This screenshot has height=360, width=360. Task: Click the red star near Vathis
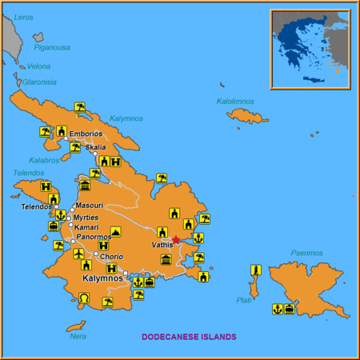[176, 239]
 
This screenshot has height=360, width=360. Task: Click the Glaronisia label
[38, 82]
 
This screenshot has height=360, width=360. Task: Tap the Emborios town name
[86, 134]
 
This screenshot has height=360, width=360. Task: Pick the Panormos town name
[94, 238]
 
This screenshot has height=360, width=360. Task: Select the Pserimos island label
[306, 254]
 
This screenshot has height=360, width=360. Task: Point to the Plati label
[243, 300]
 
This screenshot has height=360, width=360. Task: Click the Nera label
[78, 336]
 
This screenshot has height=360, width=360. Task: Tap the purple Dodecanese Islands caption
[189, 337]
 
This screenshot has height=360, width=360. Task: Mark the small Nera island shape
[76, 326]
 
